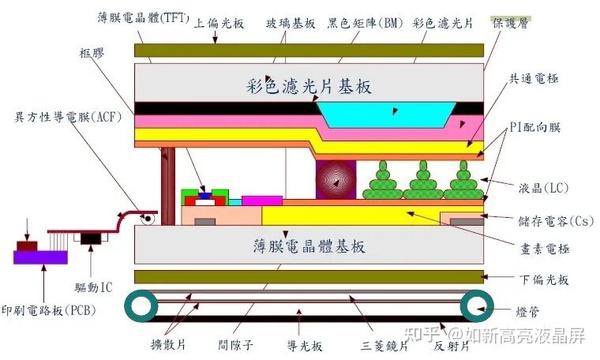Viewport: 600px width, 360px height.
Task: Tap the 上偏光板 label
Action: pyautogui.click(x=217, y=21)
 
